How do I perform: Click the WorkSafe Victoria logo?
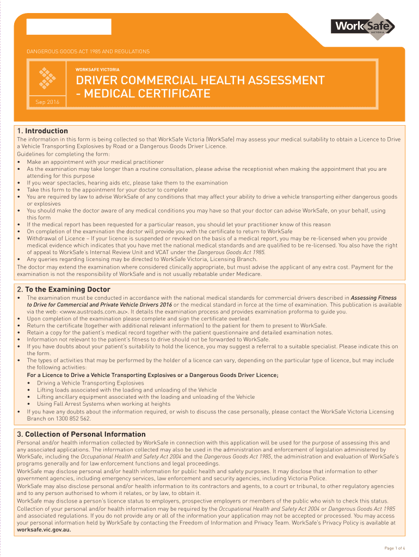click(x=362, y=27)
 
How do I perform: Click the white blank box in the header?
click(x=69, y=27)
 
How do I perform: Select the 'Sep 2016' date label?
click(x=47, y=102)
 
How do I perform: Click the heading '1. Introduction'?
click(x=42, y=131)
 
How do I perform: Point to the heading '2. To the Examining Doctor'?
click(x=64, y=289)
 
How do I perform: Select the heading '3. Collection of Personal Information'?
click(x=81, y=434)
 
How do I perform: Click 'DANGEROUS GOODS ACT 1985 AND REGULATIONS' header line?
click(x=88, y=52)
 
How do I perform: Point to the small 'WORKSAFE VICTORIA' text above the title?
click(x=97, y=70)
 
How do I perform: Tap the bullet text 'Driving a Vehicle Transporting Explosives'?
click(x=83, y=383)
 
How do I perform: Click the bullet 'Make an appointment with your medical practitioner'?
click(x=95, y=162)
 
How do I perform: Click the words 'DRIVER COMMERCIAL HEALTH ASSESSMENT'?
click(x=200, y=81)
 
